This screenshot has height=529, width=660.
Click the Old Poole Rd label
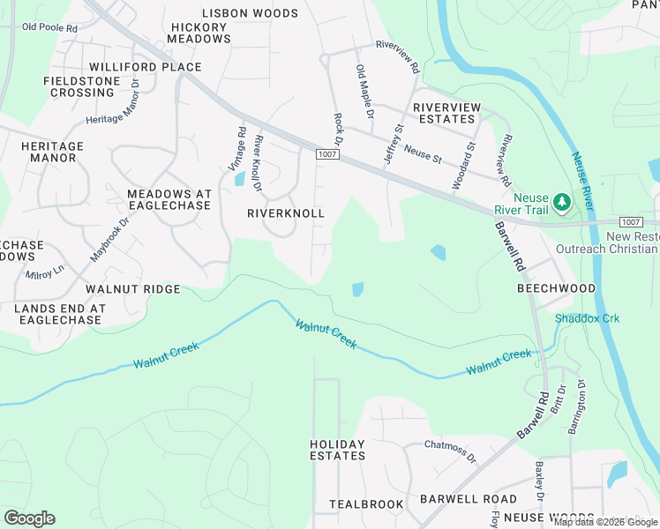[x=49, y=27]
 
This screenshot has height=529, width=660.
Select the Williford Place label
[x=145, y=67]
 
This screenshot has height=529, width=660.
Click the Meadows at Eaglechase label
[x=169, y=199]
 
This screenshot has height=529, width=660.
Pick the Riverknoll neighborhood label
[x=285, y=214]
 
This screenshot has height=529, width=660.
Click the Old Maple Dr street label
[x=364, y=92]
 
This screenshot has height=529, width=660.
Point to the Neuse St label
[x=422, y=152]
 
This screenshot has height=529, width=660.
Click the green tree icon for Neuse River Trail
[x=562, y=204]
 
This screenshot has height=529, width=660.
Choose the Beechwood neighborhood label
[x=556, y=288]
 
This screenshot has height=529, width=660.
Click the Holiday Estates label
[x=337, y=450]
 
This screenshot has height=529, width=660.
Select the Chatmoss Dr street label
[x=450, y=452]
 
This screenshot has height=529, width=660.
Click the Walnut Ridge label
[x=132, y=289]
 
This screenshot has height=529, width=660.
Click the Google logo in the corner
[x=30, y=518]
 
